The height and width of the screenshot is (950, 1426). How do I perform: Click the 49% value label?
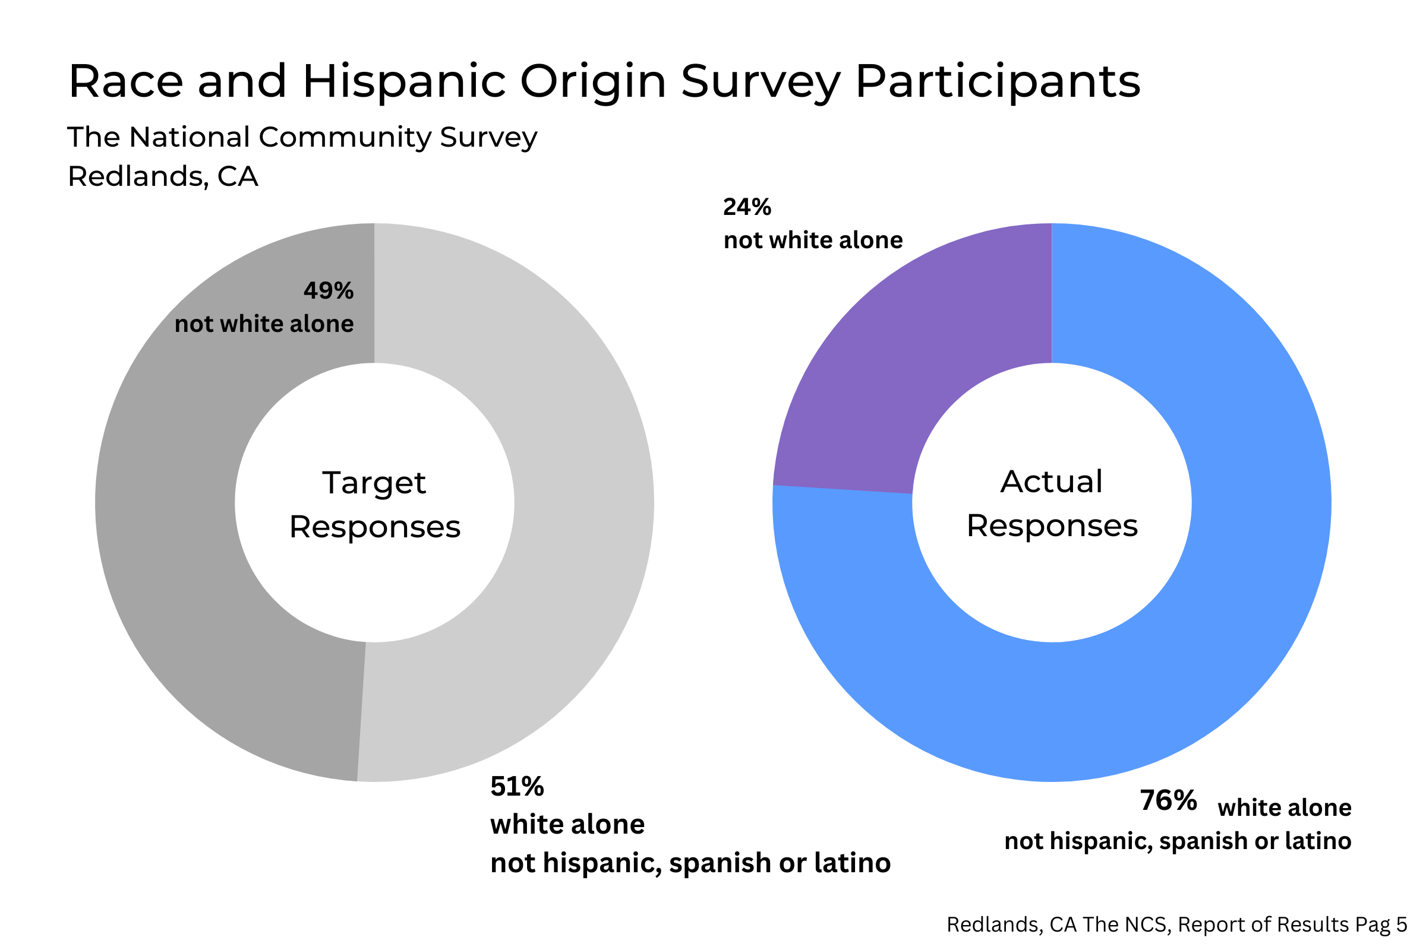(x=328, y=291)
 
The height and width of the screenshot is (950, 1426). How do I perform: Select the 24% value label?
(x=747, y=207)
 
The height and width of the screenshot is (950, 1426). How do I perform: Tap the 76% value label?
(x=1168, y=800)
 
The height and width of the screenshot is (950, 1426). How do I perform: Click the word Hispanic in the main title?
(x=404, y=81)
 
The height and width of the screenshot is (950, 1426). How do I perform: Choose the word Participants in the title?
(x=998, y=81)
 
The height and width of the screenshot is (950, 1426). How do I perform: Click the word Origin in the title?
(x=593, y=81)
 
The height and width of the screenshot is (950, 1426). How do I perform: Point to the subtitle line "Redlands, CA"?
(x=162, y=176)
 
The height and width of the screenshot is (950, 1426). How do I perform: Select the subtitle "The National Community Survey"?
(x=302, y=137)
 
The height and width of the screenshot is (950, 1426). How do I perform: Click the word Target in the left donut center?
(x=374, y=483)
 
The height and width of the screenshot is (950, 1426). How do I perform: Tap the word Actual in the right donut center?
(x=1051, y=482)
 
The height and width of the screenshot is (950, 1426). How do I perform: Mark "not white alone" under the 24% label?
(x=813, y=240)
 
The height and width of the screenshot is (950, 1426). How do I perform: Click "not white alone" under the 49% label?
(x=264, y=324)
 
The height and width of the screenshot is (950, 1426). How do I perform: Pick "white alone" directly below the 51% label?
(x=567, y=825)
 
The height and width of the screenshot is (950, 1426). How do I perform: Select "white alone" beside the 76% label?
(x=1284, y=808)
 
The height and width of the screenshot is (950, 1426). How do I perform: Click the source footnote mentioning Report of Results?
(x=1176, y=924)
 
